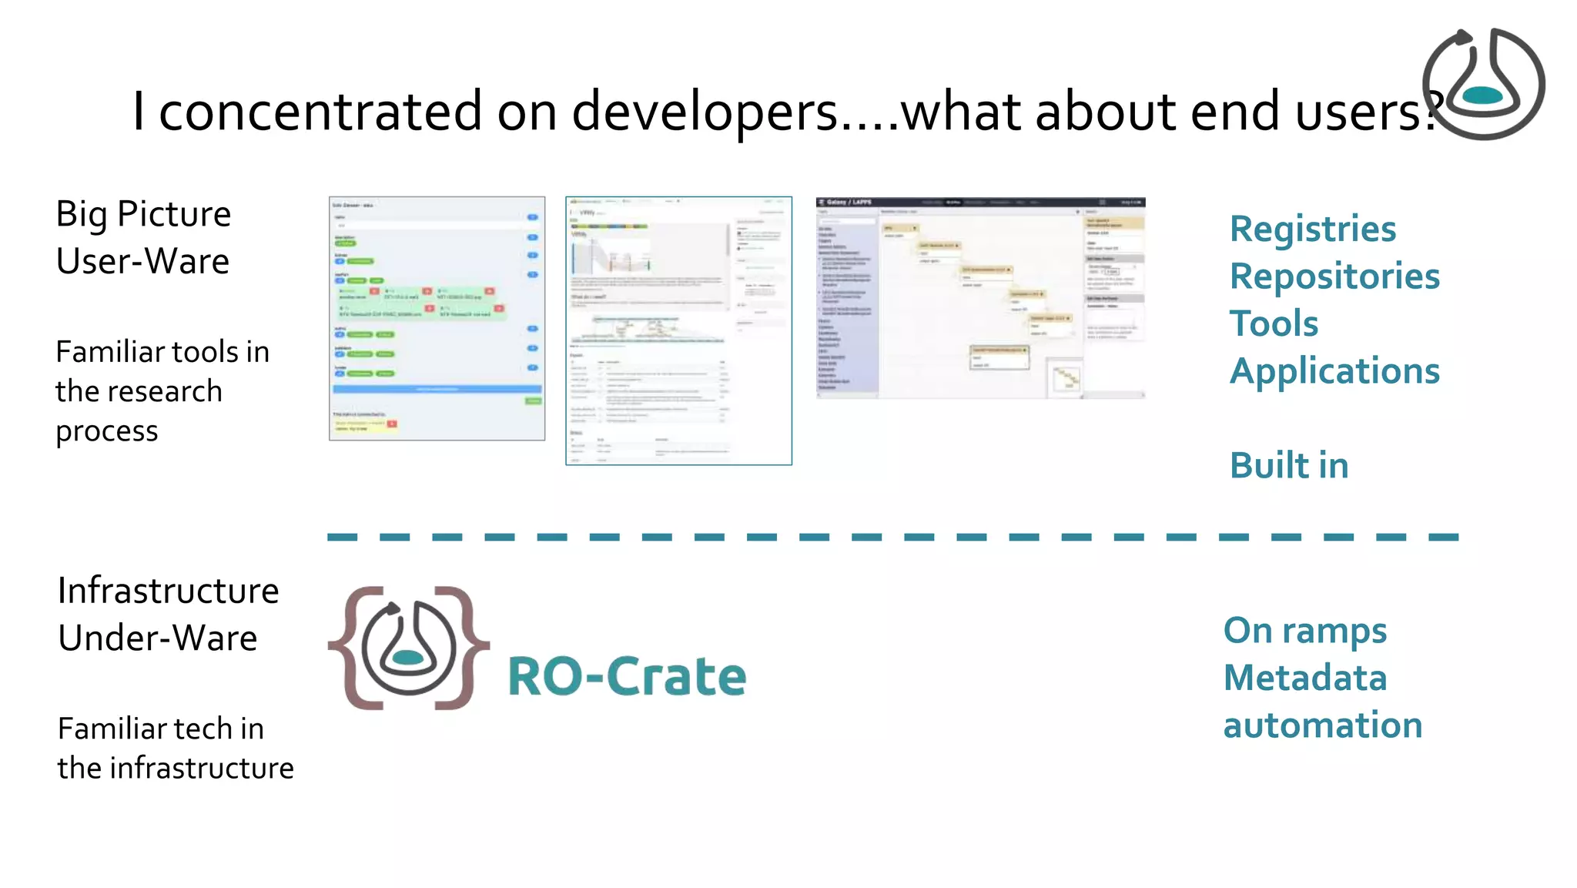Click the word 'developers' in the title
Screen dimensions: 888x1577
point(705,112)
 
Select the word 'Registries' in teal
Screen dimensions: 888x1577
point(1312,230)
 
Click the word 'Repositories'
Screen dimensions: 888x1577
point(1334,276)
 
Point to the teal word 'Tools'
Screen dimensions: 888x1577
point(1274,323)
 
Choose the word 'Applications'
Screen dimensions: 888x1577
point(1334,371)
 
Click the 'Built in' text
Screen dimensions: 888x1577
point(1288,466)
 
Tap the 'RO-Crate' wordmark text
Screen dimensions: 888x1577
point(627,677)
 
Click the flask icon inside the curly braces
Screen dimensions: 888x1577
point(408,647)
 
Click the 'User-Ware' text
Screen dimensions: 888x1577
point(142,261)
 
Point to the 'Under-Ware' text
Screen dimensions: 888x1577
point(157,638)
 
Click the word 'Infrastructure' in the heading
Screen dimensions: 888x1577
point(168,591)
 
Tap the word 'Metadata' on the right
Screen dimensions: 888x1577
point(1304,679)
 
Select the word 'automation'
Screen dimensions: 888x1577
point(1322,725)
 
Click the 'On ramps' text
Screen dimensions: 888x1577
point(1304,631)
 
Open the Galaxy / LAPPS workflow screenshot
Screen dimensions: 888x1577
point(980,298)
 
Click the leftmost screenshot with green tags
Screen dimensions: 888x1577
point(437,318)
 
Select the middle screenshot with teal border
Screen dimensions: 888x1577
point(678,330)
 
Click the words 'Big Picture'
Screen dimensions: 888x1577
point(143,214)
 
